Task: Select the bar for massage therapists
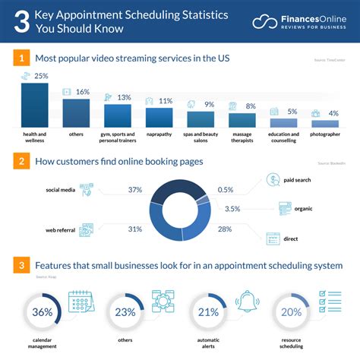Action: pos(242,120)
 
